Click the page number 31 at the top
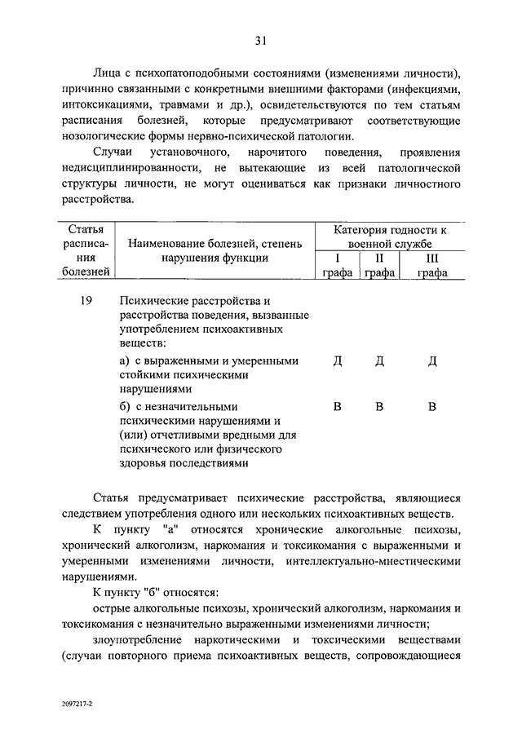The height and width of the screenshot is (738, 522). click(260, 41)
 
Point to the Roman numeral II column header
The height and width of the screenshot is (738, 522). click(378, 259)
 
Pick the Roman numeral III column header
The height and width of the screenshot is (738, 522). click(431, 259)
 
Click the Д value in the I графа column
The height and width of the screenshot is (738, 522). click(337, 361)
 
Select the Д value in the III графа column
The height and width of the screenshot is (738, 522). click(432, 361)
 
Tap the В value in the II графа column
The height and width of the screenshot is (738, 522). click(379, 407)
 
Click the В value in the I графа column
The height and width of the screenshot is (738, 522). click(337, 407)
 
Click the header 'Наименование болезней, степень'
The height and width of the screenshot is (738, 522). click(214, 243)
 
